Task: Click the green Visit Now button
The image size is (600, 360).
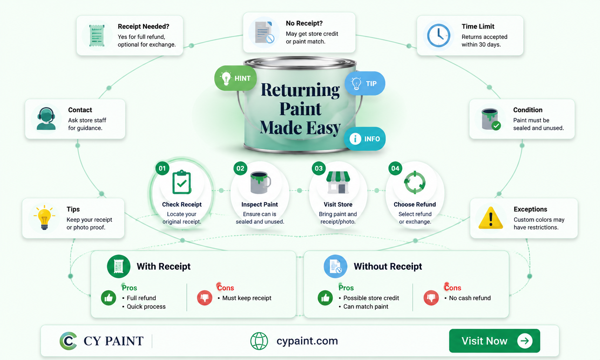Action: pyautogui.click(x=494, y=341)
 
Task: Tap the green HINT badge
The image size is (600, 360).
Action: pyautogui.click(x=235, y=78)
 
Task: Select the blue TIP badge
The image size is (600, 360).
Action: pyautogui.click(x=365, y=83)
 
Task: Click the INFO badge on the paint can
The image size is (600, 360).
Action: pyautogui.click(x=365, y=139)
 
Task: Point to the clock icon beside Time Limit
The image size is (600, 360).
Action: pyautogui.click(x=438, y=35)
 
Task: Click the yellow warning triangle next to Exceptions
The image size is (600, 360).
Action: pyautogui.click(x=491, y=218)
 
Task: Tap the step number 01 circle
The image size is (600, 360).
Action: pyautogui.click(x=162, y=168)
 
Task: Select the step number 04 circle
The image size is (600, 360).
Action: pyautogui.click(x=395, y=168)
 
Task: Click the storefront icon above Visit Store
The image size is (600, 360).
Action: pyautogui.click(x=338, y=182)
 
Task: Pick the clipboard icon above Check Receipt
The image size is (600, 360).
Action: pyautogui.click(x=182, y=182)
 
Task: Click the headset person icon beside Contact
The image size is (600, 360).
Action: pyautogui.click(x=46, y=119)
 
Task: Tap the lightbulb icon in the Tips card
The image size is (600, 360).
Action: pyautogui.click(x=44, y=218)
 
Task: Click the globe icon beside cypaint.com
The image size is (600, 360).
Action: pyautogui.click(x=259, y=341)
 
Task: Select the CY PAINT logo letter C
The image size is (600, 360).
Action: pyautogui.click(x=68, y=341)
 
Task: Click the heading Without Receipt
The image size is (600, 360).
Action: pyautogui.click(x=388, y=267)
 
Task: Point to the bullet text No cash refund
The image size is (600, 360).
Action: pyautogui.click(x=470, y=298)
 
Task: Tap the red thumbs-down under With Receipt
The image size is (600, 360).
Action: pyautogui.click(x=205, y=298)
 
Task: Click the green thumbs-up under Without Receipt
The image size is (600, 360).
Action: pyautogui.click(x=325, y=298)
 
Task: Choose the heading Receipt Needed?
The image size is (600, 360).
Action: pyautogui.click(x=143, y=27)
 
